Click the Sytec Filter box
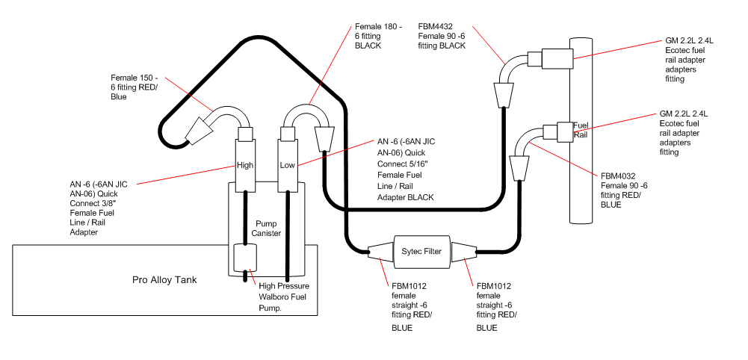[x=421, y=251]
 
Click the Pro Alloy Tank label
[x=164, y=280]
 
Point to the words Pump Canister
[x=268, y=229]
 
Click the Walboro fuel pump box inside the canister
[x=246, y=258]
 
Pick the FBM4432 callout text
[x=442, y=36]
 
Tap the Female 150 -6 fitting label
[x=134, y=87]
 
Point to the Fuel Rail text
[x=580, y=130]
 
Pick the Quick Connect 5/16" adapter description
[x=406, y=170]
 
